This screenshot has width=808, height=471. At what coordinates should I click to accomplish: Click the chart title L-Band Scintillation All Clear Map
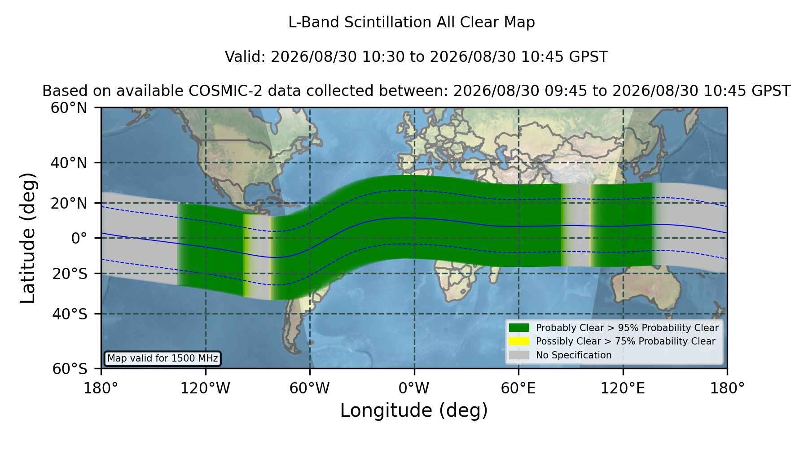point(411,22)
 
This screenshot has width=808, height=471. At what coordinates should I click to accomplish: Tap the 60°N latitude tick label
point(69,108)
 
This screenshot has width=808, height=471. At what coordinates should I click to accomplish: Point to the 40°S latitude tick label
point(70,314)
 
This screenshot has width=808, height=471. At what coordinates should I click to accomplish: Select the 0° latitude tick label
point(79,238)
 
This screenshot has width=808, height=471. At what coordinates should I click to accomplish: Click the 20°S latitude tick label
point(70,274)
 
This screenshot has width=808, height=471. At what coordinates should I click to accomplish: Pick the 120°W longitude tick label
point(205,388)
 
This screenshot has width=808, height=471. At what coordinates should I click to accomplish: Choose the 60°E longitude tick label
point(518,388)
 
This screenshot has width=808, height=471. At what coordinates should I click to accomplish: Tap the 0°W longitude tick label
point(414,388)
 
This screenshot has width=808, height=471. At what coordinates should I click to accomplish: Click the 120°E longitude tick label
point(623,388)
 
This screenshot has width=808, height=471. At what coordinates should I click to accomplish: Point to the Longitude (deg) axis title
point(414,410)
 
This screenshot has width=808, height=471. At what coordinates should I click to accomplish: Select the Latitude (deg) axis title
point(28,238)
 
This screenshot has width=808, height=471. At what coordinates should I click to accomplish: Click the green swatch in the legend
point(519,327)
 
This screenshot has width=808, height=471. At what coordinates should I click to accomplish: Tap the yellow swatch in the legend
point(519,341)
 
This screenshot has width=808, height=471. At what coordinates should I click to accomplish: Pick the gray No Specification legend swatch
point(519,355)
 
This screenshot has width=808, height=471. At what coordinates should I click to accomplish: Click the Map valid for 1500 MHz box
point(162,358)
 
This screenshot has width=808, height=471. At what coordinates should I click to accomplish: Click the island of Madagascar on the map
point(495,270)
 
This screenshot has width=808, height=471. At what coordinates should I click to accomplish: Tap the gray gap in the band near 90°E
point(576,225)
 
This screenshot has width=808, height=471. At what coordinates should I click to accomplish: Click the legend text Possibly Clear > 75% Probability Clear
point(626,341)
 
